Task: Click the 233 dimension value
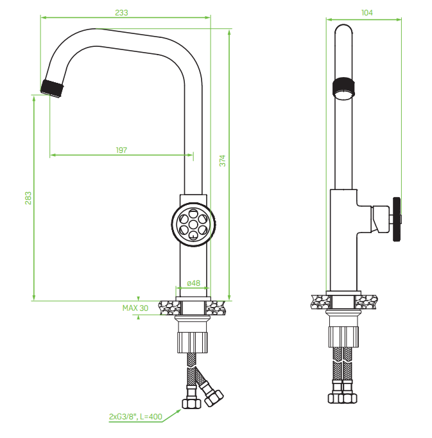121,13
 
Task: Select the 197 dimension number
121,150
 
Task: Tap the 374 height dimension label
222,161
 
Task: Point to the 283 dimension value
28,198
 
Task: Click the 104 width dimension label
367,13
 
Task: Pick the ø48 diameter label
193,283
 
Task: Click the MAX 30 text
135,308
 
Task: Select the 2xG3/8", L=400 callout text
135,417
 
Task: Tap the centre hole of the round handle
193,224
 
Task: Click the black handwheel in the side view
397,219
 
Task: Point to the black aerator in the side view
344,87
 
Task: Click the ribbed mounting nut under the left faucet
193,342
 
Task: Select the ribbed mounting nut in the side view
343,337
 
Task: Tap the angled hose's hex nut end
214,398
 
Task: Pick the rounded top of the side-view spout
343,28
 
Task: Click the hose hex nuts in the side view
343,398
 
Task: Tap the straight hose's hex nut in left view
191,403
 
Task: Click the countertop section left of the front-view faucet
170,308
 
